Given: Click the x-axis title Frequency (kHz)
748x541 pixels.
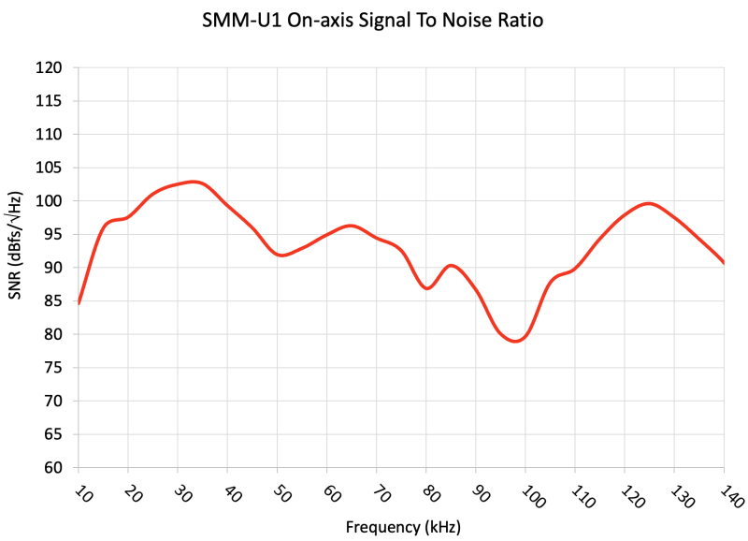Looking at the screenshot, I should (x=402, y=526).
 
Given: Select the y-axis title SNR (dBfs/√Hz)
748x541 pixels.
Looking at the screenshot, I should (x=15, y=244).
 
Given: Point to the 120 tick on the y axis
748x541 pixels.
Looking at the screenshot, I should (x=49, y=68).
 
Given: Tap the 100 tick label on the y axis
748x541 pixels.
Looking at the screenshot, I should (x=49, y=201).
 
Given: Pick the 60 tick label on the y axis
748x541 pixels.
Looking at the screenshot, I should (x=52, y=468).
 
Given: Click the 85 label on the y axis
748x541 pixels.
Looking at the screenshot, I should (x=52, y=301).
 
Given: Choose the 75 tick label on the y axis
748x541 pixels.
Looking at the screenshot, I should (x=52, y=368).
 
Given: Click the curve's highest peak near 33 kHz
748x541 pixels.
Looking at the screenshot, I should (x=193, y=182).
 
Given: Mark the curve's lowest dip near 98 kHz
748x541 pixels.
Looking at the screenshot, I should (x=515, y=342).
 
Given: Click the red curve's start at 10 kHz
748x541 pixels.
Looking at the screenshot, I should (x=79, y=303).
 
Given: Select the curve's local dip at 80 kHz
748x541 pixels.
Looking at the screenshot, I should (x=427, y=288).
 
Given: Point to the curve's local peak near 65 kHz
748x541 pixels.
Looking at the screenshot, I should (x=351, y=226).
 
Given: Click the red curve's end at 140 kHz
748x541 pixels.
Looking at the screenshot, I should (x=723, y=262).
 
